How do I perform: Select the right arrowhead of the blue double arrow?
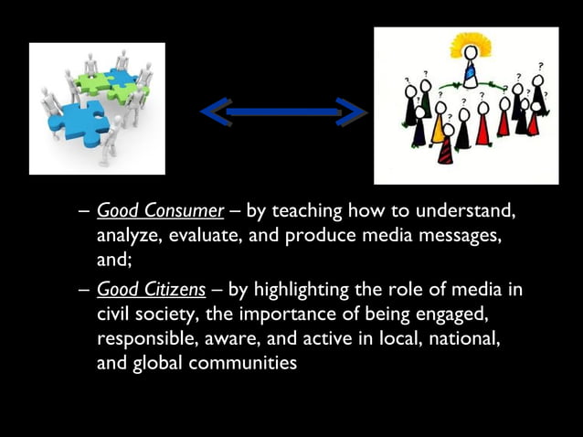tap(351, 112)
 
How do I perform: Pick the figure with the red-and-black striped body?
tap(444, 147)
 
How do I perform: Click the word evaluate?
tap(204, 236)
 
